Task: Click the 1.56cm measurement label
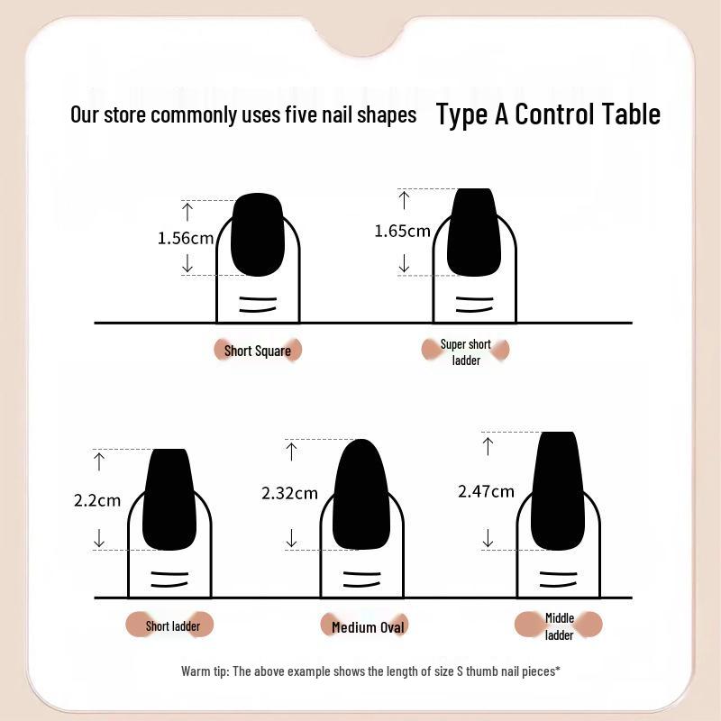[x=186, y=238]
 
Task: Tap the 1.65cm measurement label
[x=402, y=232]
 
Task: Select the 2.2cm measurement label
[x=97, y=500]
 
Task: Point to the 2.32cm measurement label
[x=289, y=493]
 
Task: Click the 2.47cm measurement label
[x=486, y=491]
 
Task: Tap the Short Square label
[x=258, y=351]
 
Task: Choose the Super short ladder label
[x=465, y=352]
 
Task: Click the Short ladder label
[x=172, y=625]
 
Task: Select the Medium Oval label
[x=368, y=627]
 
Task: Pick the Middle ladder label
[x=559, y=626]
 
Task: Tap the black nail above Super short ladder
[x=474, y=232]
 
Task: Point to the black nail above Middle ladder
[x=558, y=490]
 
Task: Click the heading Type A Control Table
[x=548, y=114]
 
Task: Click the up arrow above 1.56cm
[x=187, y=212]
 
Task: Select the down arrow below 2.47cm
[x=488, y=538]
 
